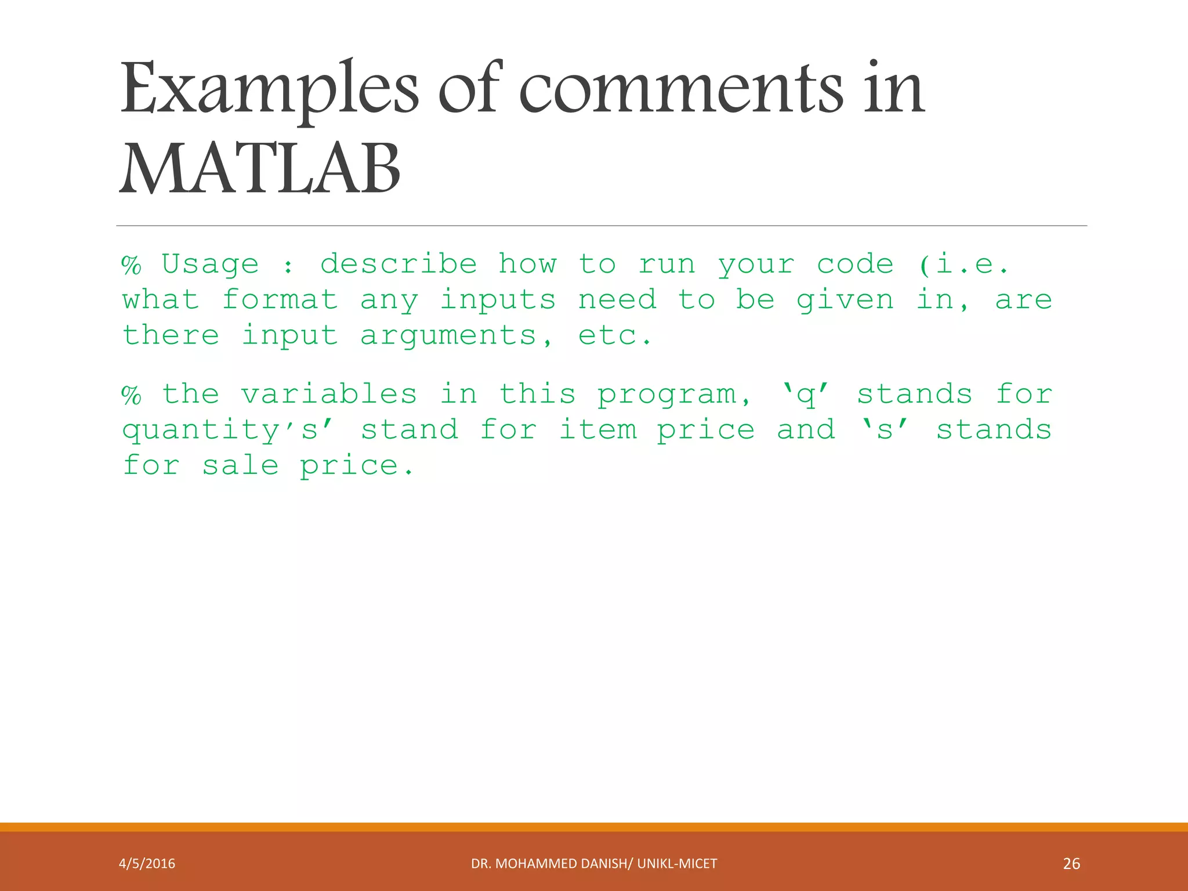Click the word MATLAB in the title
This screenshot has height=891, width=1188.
260,169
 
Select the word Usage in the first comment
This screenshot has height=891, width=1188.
210,265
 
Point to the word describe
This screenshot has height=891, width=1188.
399,264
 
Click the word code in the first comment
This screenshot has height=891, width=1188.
855,265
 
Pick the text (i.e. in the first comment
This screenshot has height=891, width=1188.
964,265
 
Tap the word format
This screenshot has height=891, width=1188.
280,300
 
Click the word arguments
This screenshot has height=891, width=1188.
448,337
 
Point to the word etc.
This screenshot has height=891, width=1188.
614,336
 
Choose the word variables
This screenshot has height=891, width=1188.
329,394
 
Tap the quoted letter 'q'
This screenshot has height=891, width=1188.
805,394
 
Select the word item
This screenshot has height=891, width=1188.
598,430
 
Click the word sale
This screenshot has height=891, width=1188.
240,466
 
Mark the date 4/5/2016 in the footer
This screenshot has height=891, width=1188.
147,864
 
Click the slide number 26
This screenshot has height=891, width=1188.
1071,864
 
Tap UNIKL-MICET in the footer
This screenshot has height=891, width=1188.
677,864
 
